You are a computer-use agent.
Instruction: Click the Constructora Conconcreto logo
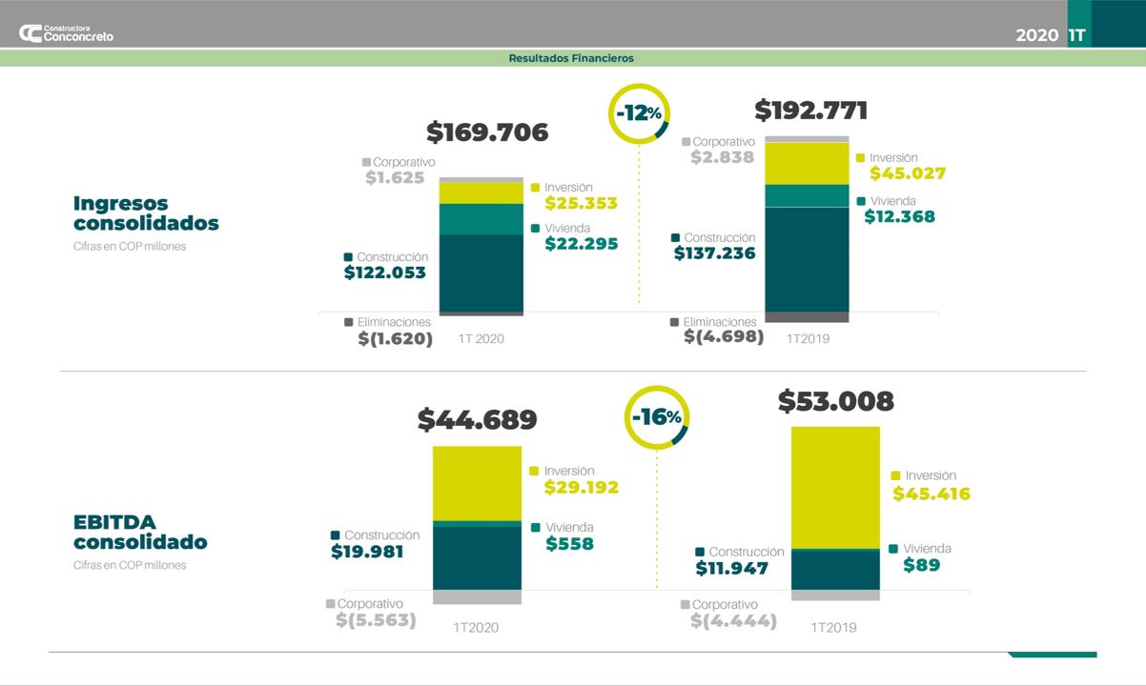point(66,33)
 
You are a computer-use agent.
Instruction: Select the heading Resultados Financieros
point(571,58)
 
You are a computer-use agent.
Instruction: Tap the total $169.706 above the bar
point(487,132)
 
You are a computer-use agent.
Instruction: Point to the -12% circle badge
point(639,113)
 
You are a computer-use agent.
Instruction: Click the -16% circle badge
point(656,417)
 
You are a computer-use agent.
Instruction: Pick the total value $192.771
point(811,111)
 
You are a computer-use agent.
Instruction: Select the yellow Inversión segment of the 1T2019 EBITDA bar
point(835,487)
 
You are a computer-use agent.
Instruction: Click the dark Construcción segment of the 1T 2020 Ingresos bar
point(481,272)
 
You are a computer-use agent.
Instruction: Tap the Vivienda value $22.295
point(582,244)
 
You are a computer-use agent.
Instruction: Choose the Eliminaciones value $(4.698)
point(724,336)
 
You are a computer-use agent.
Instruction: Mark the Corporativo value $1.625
point(395,177)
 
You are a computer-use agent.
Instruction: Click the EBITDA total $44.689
point(478,420)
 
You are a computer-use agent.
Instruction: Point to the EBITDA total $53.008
point(836,402)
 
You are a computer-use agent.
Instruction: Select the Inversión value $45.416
point(931,494)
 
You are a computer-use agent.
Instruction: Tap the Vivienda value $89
point(922,565)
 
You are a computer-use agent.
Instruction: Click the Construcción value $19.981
point(367,552)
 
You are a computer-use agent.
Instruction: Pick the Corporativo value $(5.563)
point(376,620)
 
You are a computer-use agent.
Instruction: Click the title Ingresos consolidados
point(146,213)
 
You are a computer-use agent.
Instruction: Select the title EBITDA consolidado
point(140,533)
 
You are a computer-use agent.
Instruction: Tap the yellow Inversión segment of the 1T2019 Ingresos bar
point(807,163)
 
